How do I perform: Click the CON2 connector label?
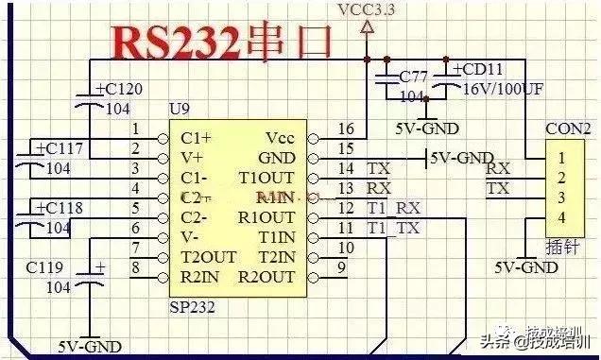pos(568,129)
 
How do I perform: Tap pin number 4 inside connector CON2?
pos(561,218)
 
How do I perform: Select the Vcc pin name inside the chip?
pos(281,138)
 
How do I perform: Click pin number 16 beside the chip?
pos(347,129)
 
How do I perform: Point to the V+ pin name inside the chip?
pos(191,157)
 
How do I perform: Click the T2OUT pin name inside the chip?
pos(209,257)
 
